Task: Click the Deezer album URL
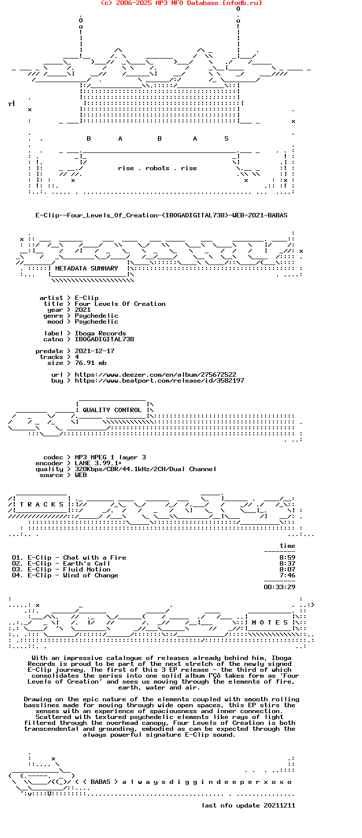click(155, 374)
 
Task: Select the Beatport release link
click(159, 381)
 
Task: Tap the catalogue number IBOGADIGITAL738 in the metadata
click(104, 339)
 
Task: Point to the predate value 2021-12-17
click(94, 351)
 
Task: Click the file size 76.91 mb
click(90, 363)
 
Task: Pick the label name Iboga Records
click(100, 333)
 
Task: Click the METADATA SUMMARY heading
click(87, 269)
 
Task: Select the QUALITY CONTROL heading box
click(112, 410)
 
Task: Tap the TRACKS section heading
click(41, 504)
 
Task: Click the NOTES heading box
click(270, 623)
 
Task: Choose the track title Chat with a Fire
click(94, 557)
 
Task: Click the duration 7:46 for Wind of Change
click(287, 575)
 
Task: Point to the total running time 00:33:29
click(279, 587)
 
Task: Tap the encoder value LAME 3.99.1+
click(98, 463)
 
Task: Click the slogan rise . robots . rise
click(157, 168)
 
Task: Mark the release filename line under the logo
click(161, 215)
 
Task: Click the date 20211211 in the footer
click(279, 806)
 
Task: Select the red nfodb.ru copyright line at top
click(181, 3)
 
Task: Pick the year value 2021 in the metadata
click(83, 310)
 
